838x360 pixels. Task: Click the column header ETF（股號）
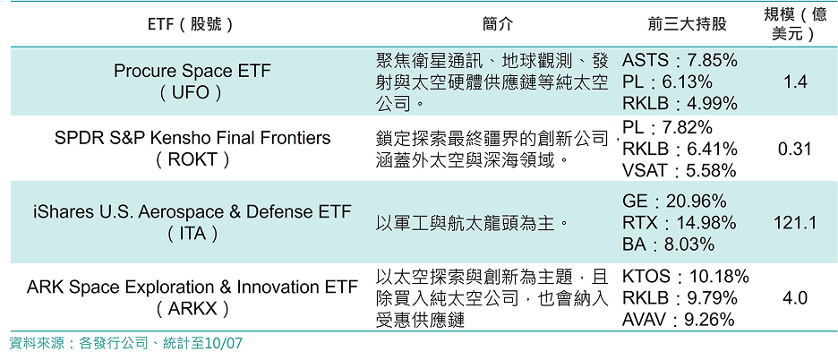pyautogui.click(x=191, y=24)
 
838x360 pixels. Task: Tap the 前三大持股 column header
pyautogui.click(x=687, y=24)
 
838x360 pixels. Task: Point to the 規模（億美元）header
pyautogui.click(x=795, y=24)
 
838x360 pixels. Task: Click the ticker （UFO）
pyautogui.click(x=191, y=92)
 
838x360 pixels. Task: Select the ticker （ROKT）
pyautogui.click(x=192, y=159)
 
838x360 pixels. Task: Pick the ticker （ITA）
pyautogui.click(x=192, y=234)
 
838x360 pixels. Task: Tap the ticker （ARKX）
pyautogui.click(x=192, y=309)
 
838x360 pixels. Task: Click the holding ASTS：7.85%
pyautogui.click(x=680, y=60)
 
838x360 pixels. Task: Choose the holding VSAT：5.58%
pyautogui.click(x=679, y=170)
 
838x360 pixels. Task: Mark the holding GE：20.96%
pyautogui.click(x=674, y=201)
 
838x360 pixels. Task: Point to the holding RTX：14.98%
pyautogui.click(x=679, y=222)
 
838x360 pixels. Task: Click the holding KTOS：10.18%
pyautogui.click(x=685, y=277)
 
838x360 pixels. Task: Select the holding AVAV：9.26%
pyautogui.click(x=679, y=320)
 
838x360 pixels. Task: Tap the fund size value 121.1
pyautogui.click(x=795, y=222)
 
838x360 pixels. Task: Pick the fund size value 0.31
pyautogui.click(x=795, y=149)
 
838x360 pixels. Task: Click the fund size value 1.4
pyautogui.click(x=795, y=81)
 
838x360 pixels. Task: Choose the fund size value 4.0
pyautogui.click(x=795, y=298)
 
